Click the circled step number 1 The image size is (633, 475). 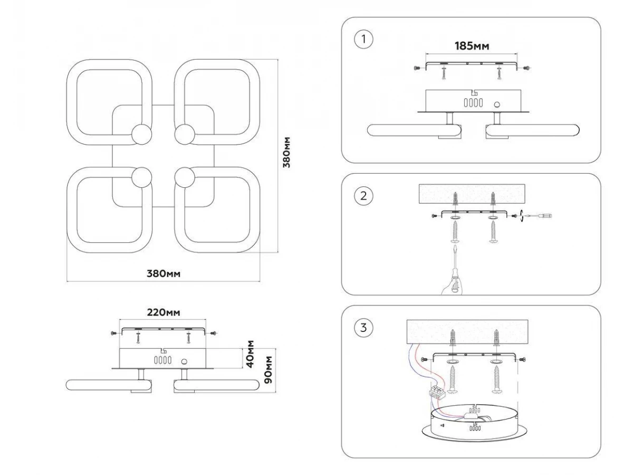pos(363,40)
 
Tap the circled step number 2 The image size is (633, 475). pos(363,196)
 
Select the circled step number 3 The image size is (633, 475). pos(363,327)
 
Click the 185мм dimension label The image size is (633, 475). pos(472,46)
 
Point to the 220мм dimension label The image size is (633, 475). pos(163,312)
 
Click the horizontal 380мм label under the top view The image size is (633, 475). pos(164,273)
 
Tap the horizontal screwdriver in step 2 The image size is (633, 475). pos(540,215)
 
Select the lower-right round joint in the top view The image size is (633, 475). pos(185,177)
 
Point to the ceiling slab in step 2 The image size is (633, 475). pos(473,194)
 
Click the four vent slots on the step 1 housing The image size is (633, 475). pos(472,103)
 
